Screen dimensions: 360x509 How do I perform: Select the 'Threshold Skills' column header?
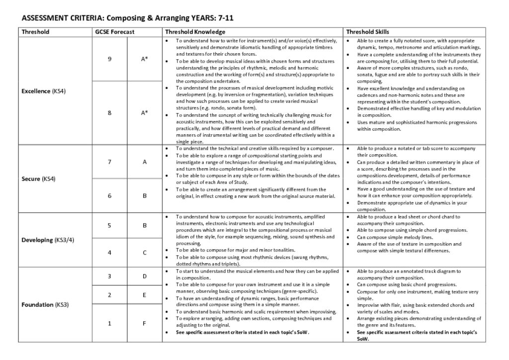(367, 32)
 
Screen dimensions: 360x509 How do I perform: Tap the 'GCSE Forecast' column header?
(115, 32)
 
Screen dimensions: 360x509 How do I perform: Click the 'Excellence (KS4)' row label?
(44, 91)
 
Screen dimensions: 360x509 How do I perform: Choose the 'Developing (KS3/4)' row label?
(47, 240)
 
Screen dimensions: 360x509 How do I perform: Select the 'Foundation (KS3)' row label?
(45, 305)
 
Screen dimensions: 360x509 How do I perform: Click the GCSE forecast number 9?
(109, 59)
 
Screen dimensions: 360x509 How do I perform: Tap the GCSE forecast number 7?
(109, 162)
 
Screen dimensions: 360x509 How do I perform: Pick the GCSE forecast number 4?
(109, 253)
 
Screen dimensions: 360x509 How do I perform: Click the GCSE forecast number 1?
(109, 323)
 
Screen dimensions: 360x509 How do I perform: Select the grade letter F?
(145, 323)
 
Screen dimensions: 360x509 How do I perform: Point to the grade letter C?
(145, 253)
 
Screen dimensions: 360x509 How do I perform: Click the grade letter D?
(145, 276)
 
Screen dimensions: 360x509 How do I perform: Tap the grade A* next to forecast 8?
(145, 113)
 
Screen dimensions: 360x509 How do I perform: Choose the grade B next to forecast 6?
(145, 196)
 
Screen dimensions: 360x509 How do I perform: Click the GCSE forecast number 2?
(109, 295)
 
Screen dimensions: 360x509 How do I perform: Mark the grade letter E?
(145, 295)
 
